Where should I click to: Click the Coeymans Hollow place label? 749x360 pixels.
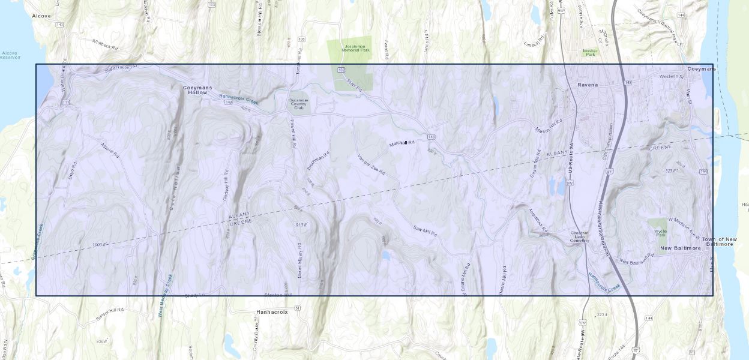pos(197,90)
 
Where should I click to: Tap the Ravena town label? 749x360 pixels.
pos(588,85)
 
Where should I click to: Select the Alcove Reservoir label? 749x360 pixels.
pos(10,55)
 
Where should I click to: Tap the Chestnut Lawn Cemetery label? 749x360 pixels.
pos(580,236)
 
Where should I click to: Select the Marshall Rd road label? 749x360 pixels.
pos(402,143)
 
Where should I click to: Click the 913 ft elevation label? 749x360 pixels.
pos(301,225)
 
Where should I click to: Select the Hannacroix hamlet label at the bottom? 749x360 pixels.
pos(272,312)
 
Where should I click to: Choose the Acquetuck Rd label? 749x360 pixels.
pos(538,221)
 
